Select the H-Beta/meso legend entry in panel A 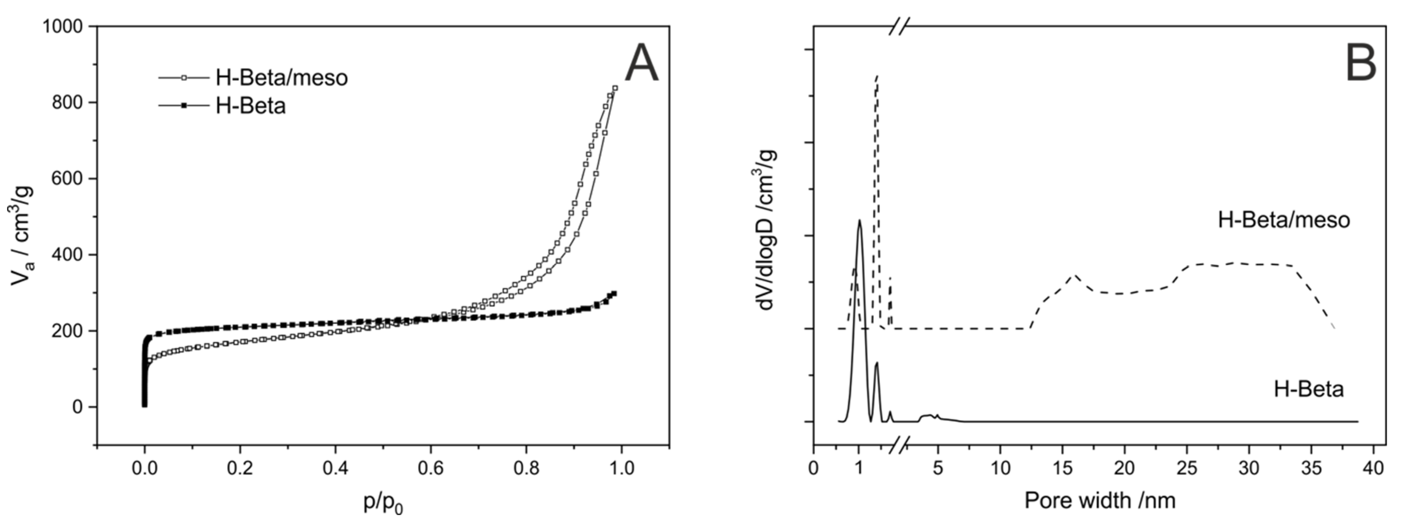(x=281, y=78)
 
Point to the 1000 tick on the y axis (x=66, y=26)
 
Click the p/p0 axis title (x=383, y=502)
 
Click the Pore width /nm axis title (x=1100, y=500)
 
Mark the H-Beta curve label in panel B (x=1308, y=389)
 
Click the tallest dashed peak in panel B (x=877, y=78)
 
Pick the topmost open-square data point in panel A (x=615, y=88)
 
